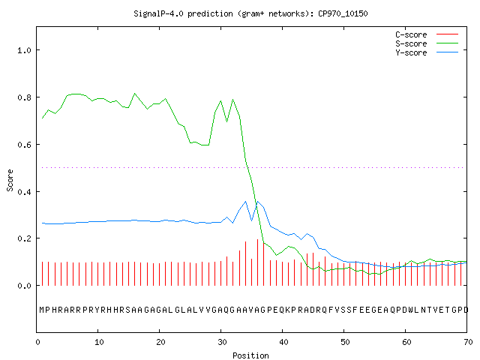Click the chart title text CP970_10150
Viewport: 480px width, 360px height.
coord(343,13)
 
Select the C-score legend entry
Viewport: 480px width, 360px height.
coord(427,34)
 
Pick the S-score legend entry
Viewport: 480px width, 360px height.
coord(427,43)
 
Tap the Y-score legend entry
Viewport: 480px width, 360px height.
coord(427,52)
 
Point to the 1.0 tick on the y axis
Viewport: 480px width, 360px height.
coord(24,50)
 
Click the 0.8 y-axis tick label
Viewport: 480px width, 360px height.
coord(24,97)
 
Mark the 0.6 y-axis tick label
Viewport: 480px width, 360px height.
coord(24,145)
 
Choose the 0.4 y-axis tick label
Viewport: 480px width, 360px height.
coord(24,192)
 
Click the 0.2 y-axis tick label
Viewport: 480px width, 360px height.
coord(24,238)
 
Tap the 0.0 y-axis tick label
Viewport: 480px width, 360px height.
coord(24,286)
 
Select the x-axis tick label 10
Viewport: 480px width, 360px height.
coord(99,342)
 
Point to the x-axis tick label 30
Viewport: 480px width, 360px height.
coord(222,342)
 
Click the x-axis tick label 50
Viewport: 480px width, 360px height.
coord(345,342)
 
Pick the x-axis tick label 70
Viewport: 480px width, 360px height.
coord(468,342)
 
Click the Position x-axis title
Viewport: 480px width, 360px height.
coord(250,355)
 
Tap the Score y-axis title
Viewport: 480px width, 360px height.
coord(10,180)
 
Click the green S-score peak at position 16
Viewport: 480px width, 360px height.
coord(135,93)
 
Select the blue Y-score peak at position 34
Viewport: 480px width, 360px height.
coord(245,202)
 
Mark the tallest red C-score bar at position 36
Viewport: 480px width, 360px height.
coord(258,262)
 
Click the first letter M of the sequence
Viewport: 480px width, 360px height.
coord(42,310)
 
